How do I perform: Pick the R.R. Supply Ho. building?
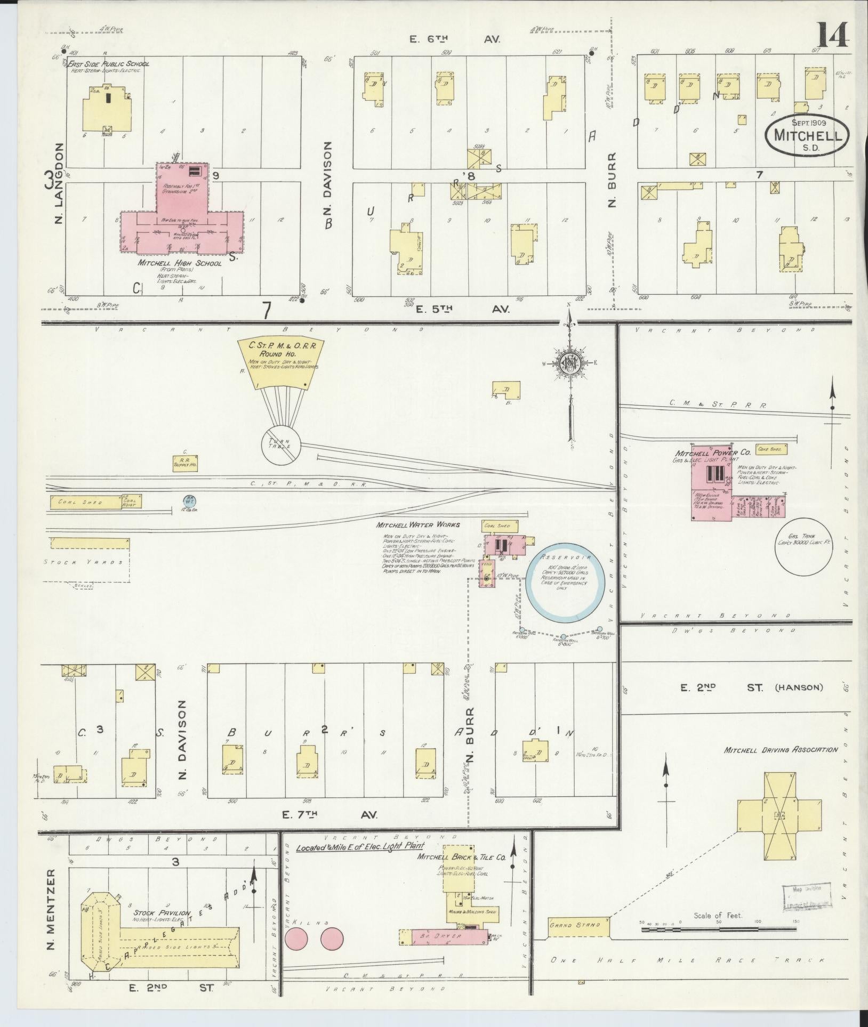[x=185, y=463]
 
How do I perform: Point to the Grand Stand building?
[x=578, y=926]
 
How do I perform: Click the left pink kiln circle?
[x=296, y=939]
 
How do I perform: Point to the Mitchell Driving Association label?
[x=781, y=750]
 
